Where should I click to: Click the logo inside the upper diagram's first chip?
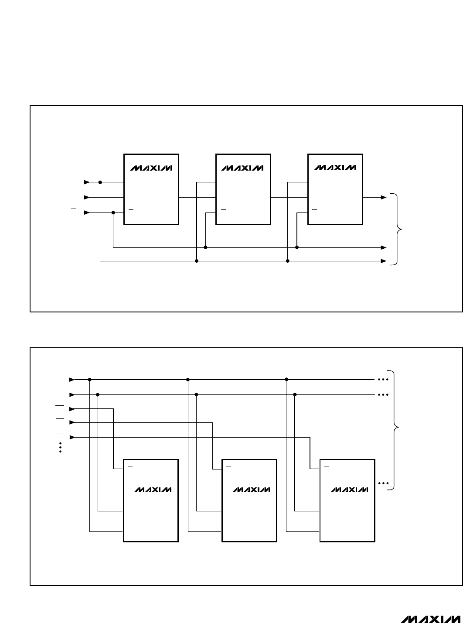151,168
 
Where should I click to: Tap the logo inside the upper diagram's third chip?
335,168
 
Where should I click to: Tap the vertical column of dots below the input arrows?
60,447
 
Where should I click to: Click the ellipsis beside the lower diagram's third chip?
383,483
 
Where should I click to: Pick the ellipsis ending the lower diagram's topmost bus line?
383,380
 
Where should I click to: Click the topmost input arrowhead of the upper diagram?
87,182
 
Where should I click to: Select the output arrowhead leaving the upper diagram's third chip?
384,197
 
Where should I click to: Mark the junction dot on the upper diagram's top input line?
100,182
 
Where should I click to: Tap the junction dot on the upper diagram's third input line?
113,212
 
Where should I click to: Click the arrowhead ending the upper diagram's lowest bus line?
384,261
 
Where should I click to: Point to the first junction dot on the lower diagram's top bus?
89,380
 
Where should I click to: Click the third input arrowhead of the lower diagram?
72,409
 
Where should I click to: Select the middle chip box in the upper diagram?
243,189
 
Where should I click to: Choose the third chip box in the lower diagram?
347,500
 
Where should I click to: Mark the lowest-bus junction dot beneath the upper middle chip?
197,261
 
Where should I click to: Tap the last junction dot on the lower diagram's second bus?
295,394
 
